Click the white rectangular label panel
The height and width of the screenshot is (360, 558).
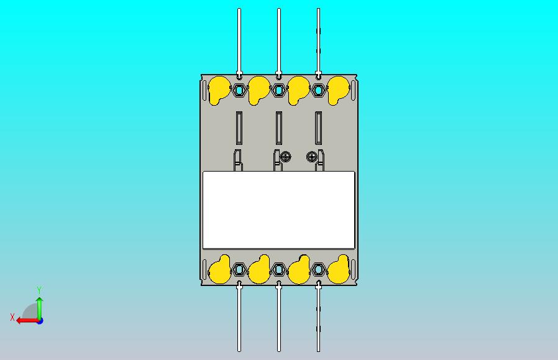click(x=278, y=210)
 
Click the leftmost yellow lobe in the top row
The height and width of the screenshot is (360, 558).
click(x=218, y=90)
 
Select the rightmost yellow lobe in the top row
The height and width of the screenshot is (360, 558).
click(x=337, y=90)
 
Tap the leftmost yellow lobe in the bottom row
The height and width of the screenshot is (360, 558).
click(x=219, y=270)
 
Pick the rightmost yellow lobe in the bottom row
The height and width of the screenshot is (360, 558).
click(x=339, y=270)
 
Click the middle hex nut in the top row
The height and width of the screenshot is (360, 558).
click(x=278, y=90)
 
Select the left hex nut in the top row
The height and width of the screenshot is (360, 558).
click(x=239, y=90)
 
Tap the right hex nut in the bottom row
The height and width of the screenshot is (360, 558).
click(x=319, y=270)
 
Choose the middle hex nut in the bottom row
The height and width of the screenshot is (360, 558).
click(x=278, y=270)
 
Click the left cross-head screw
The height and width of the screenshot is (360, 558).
click(x=286, y=156)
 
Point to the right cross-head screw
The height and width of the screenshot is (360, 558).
click(x=312, y=156)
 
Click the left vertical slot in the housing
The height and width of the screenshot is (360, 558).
click(x=239, y=128)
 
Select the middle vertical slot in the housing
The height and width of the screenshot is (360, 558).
click(x=278, y=128)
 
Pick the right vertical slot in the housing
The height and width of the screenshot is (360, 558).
click(x=319, y=128)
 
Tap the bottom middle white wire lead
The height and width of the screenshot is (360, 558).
click(x=278, y=317)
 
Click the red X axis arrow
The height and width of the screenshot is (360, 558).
click(x=28, y=321)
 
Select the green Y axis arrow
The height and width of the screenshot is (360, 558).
click(x=40, y=308)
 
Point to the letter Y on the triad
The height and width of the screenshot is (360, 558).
click(x=40, y=290)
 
